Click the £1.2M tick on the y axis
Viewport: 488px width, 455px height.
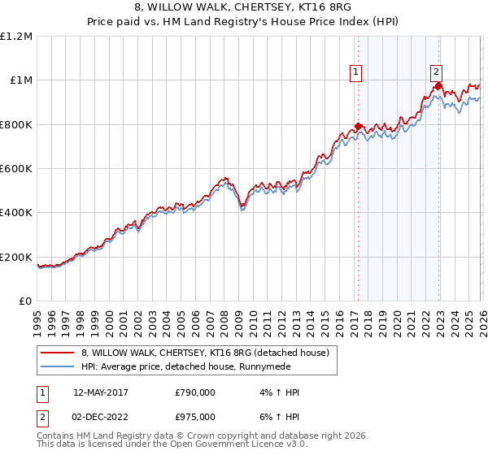point(16,36)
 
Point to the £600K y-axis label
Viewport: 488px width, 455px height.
point(16,169)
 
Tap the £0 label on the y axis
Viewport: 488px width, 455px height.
point(26,301)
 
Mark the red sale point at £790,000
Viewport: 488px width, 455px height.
point(358,127)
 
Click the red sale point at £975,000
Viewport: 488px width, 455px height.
point(438,85)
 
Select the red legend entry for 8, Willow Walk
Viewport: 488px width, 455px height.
point(204,353)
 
